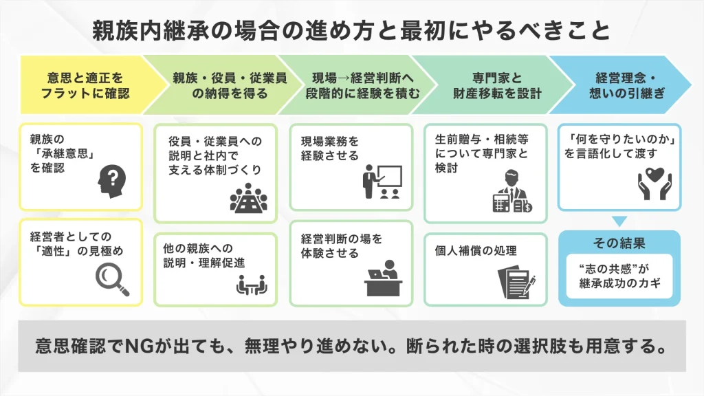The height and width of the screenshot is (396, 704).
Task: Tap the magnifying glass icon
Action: pos(112,278)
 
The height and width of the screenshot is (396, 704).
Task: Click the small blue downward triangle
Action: pos(619,221)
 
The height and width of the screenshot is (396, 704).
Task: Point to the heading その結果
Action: pos(619,243)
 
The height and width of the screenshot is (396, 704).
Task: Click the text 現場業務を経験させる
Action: pos(329,148)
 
